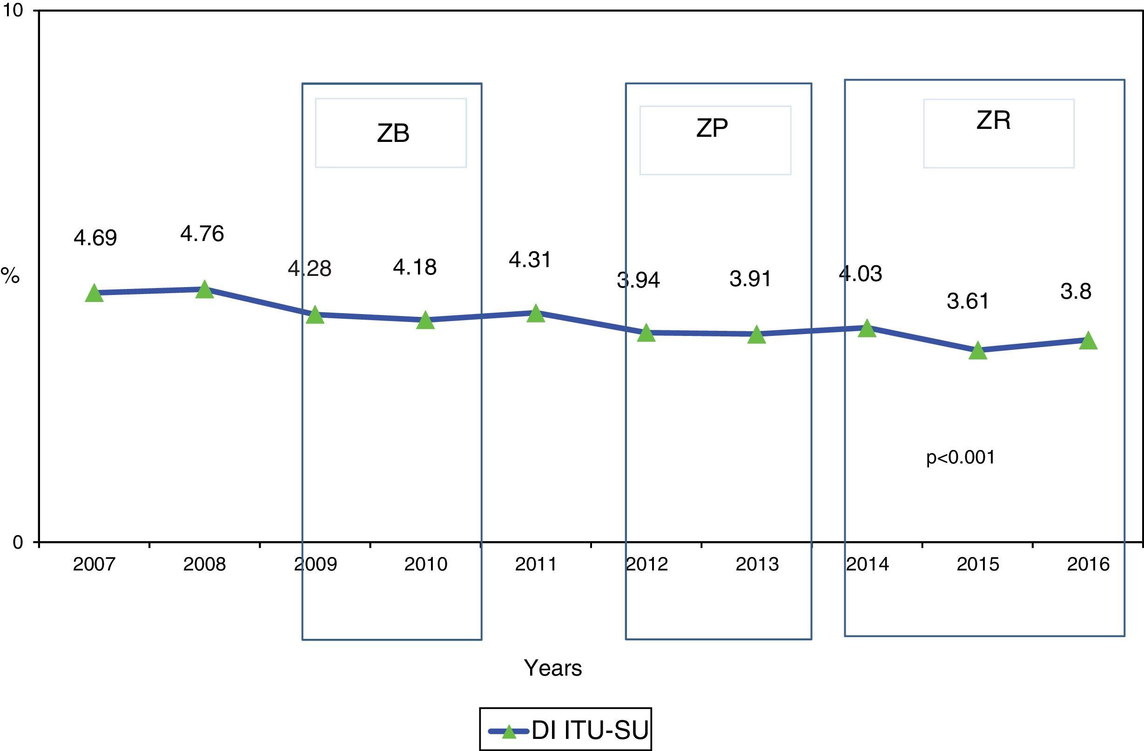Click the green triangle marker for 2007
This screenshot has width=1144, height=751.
[94, 293]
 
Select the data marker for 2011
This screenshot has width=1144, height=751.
[536, 314]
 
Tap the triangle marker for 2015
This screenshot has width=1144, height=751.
[978, 350]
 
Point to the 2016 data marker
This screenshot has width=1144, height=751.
[1088, 340]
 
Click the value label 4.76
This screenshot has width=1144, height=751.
[202, 234]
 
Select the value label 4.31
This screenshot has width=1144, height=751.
[530, 260]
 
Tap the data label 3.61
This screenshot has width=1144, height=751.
[968, 301]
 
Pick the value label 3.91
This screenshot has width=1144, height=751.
[750, 279]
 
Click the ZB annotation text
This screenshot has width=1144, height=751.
[393, 133]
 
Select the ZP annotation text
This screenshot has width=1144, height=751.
[712, 128]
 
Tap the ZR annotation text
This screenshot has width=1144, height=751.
[994, 120]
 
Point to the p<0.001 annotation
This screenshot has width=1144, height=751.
[960, 457]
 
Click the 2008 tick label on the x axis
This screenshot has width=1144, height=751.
[204, 564]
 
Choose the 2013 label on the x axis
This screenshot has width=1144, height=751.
[757, 564]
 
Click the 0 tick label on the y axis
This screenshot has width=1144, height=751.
[17, 543]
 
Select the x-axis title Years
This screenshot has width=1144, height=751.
[553, 668]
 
